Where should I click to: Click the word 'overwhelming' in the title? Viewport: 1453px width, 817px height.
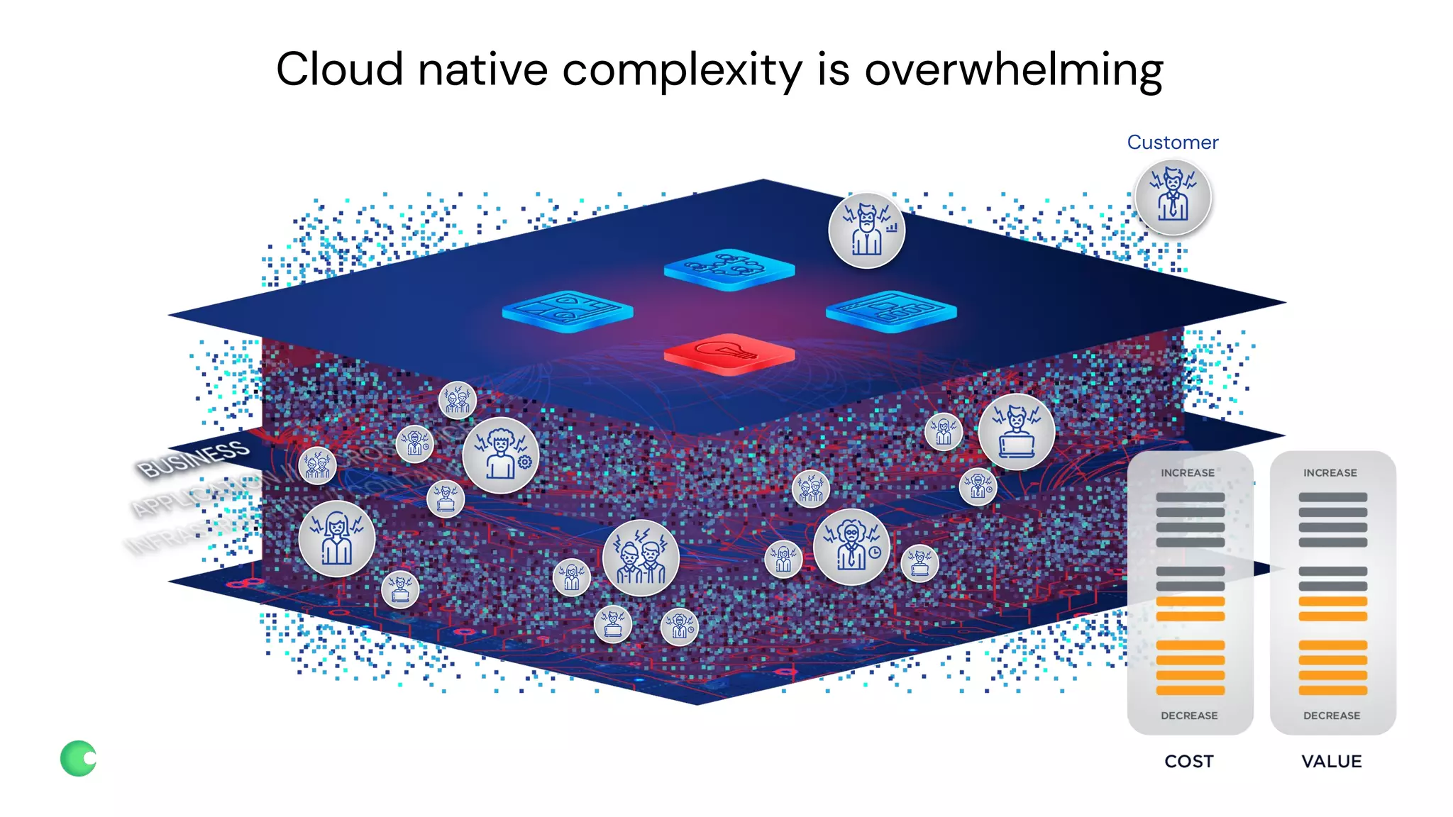1013,71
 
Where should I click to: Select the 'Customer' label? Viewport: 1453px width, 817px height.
1172,143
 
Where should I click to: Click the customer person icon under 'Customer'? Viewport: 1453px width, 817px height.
1173,197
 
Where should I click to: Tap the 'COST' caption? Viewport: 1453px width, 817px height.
1189,761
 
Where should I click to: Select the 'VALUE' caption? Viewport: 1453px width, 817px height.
1332,761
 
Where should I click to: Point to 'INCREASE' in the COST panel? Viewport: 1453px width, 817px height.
1188,473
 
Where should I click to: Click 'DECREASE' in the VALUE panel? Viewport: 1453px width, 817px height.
1332,716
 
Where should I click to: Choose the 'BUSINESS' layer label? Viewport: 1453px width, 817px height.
193,459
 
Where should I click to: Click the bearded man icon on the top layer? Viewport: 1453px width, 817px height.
866,230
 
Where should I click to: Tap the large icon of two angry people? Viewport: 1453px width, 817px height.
641,557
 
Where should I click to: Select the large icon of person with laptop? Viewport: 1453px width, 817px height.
1016,431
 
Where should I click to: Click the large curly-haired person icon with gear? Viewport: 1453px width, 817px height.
500,455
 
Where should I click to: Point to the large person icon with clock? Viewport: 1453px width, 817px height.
851,546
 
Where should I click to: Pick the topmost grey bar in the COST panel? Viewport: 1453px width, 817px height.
1190,497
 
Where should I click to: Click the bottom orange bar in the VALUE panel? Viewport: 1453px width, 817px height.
1332,690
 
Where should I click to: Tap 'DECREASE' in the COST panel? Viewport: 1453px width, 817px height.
1189,716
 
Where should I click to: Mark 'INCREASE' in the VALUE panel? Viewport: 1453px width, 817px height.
1330,473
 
